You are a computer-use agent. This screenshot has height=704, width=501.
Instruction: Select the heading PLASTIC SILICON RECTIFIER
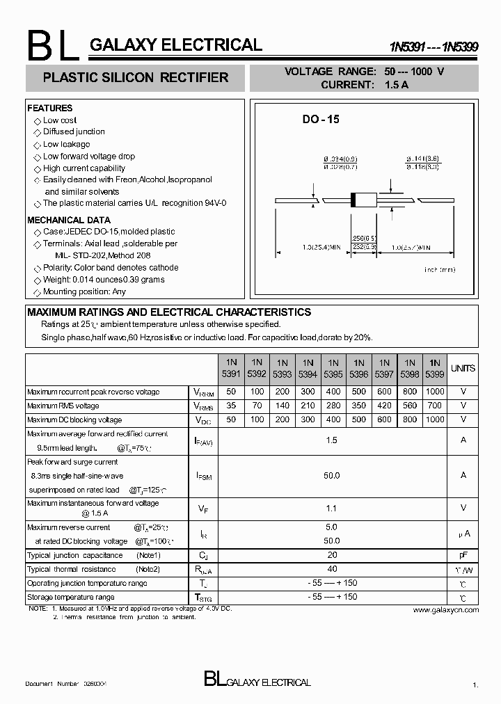pyautogui.click(x=136, y=78)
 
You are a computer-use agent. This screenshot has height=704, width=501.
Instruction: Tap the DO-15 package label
pyautogui.click(x=321, y=120)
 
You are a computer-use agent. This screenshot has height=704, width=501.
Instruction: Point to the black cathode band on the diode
pyautogui.click(x=353, y=199)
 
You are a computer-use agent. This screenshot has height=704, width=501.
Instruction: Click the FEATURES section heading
pyautogui.click(x=49, y=109)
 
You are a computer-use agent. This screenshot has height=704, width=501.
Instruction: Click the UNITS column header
pyautogui.click(x=463, y=368)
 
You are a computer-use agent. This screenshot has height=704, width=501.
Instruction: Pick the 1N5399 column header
pyautogui.click(x=434, y=368)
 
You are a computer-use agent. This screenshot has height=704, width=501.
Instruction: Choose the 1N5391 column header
pyautogui.click(x=231, y=368)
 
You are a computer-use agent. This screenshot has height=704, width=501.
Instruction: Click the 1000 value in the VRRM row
pyautogui.click(x=434, y=392)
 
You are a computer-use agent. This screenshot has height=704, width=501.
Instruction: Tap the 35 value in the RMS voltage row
pyautogui.click(x=231, y=406)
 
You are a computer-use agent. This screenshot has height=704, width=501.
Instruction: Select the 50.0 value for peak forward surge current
pyautogui.click(x=332, y=475)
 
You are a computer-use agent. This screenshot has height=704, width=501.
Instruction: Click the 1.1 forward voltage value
pyautogui.click(x=332, y=509)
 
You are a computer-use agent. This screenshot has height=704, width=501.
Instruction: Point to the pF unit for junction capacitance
pyautogui.click(x=463, y=555)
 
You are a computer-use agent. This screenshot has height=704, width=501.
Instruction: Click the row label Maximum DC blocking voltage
pyautogui.click(x=74, y=419)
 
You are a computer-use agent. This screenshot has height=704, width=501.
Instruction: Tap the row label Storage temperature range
pyautogui.click(x=71, y=597)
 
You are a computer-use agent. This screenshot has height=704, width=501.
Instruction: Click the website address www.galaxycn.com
pyautogui.click(x=445, y=609)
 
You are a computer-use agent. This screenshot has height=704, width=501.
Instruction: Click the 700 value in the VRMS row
pyautogui.click(x=434, y=406)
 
